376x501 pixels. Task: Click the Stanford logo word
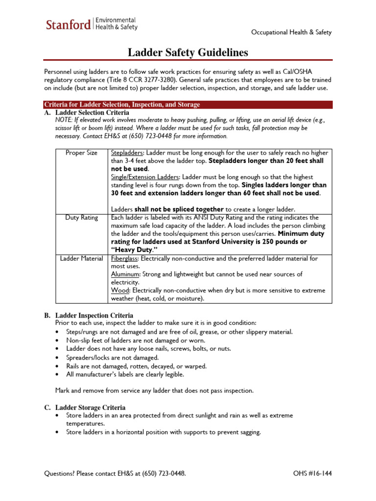click(68, 24)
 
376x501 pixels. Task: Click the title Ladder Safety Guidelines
click(188, 52)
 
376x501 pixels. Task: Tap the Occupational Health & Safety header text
click(291, 32)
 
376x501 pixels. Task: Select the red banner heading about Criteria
click(122, 105)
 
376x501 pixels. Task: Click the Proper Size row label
click(82, 153)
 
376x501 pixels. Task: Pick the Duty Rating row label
click(82, 217)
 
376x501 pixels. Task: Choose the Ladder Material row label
click(82, 258)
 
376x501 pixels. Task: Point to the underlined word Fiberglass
click(125, 258)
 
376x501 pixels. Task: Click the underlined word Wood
click(119, 291)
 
